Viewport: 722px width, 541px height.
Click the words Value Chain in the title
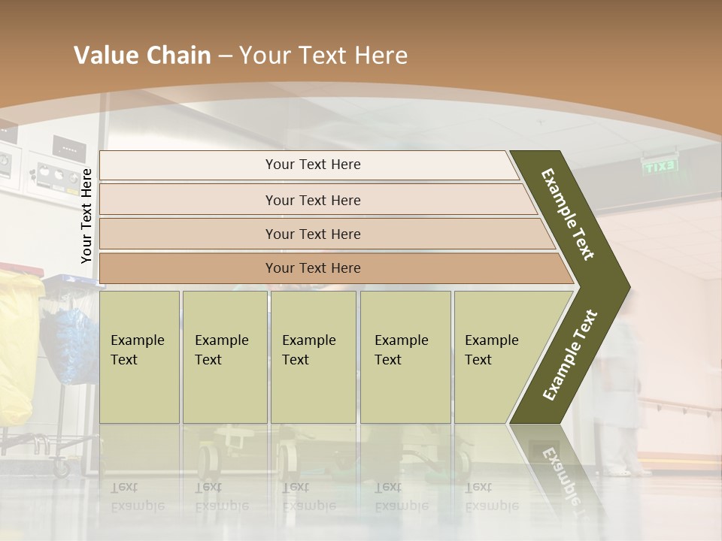[142, 56]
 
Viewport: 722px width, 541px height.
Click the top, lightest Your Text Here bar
[312, 165]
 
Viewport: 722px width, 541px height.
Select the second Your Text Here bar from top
[312, 200]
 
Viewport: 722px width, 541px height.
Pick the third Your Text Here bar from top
[312, 234]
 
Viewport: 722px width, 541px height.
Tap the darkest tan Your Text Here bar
[312, 268]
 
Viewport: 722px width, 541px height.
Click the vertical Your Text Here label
[86, 216]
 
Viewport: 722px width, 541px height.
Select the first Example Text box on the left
[139, 357]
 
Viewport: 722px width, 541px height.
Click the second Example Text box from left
[224, 357]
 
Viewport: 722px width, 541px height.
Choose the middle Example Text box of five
[313, 357]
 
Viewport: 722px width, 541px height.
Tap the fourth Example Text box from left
[405, 357]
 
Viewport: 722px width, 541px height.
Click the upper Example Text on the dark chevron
[569, 213]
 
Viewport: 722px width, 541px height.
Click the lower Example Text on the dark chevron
[570, 355]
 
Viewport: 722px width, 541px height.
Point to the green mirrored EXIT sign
[660, 167]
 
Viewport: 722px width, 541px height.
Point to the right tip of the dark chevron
[628, 287]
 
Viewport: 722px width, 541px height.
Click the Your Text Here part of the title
[323, 56]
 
